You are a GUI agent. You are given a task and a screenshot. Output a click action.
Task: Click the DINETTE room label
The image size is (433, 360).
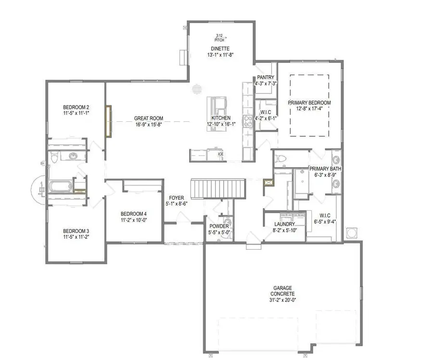click(x=219, y=49)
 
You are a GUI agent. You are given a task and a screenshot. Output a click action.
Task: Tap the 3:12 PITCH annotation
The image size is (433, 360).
click(x=219, y=38)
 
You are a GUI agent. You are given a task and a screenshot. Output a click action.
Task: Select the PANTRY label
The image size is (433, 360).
click(x=266, y=77)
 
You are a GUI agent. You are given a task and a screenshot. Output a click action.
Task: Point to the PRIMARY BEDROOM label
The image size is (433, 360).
click(x=309, y=103)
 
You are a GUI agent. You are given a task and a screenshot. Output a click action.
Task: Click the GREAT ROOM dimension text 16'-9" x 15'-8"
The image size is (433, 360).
click(x=149, y=124)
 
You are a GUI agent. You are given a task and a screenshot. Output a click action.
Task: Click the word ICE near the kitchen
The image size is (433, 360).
click(x=221, y=154)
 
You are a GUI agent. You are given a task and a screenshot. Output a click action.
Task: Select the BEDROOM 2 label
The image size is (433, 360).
click(x=76, y=107)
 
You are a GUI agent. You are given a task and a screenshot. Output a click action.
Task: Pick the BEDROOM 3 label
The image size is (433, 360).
click(x=76, y=231)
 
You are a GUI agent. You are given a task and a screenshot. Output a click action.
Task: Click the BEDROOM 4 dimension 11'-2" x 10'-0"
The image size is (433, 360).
click(x=133, y=220)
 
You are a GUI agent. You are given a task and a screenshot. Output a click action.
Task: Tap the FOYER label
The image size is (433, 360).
click(x=176, y=198)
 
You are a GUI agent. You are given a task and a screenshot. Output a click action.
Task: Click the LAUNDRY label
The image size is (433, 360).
click(x=284, y=224)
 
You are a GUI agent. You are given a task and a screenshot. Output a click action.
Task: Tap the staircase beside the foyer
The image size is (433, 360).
click(x=219, y=188)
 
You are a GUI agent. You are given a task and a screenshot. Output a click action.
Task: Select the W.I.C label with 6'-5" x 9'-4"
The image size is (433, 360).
click(x=323, y=215)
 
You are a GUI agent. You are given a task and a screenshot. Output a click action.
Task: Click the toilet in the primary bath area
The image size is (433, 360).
click(x=282, y=159)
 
